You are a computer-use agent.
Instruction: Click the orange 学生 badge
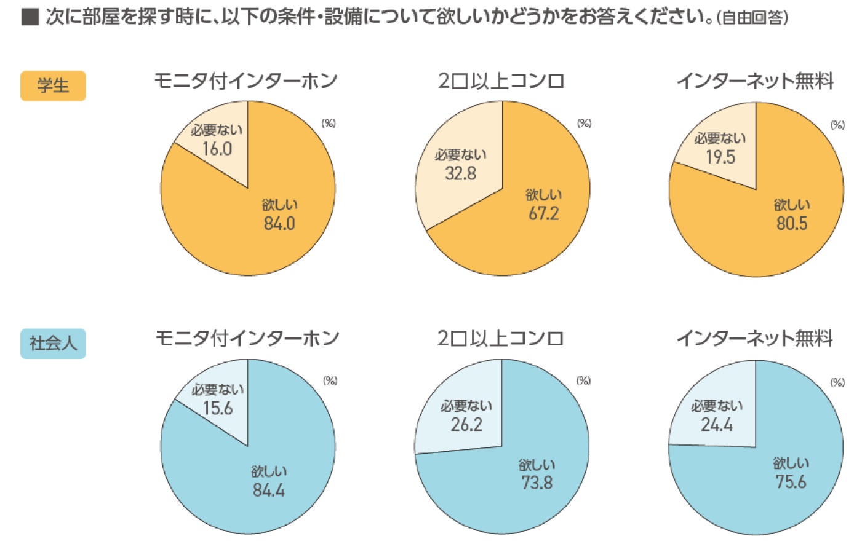click(53, 85)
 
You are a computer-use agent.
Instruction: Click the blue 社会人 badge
click(53, 344)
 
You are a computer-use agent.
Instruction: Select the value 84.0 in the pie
click(279, 223)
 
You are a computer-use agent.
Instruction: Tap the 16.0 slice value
click(217, 149)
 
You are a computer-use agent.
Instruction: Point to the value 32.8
click(460, 173)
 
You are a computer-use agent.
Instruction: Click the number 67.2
click(544, 213)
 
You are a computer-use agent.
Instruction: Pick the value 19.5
click(720, 157)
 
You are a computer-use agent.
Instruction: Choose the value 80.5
click(792, 223)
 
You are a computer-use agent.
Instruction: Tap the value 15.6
click(218, 408)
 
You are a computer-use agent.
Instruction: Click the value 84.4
click(269, 490)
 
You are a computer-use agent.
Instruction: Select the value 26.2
click(466, 425)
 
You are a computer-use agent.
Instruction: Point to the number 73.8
click(537, 483)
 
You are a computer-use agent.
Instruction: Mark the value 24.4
click(717, 425)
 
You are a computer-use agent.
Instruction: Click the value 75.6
click(791, 482)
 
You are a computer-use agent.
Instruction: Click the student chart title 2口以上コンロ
click(501, 81)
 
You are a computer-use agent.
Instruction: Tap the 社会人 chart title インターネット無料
click(754, 338)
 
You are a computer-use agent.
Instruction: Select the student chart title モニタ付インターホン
click(246, 81)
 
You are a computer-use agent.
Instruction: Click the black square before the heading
click(30, 17)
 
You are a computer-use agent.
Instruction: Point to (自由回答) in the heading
click(752, 18)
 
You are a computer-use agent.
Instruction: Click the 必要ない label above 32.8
click(460, 155)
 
